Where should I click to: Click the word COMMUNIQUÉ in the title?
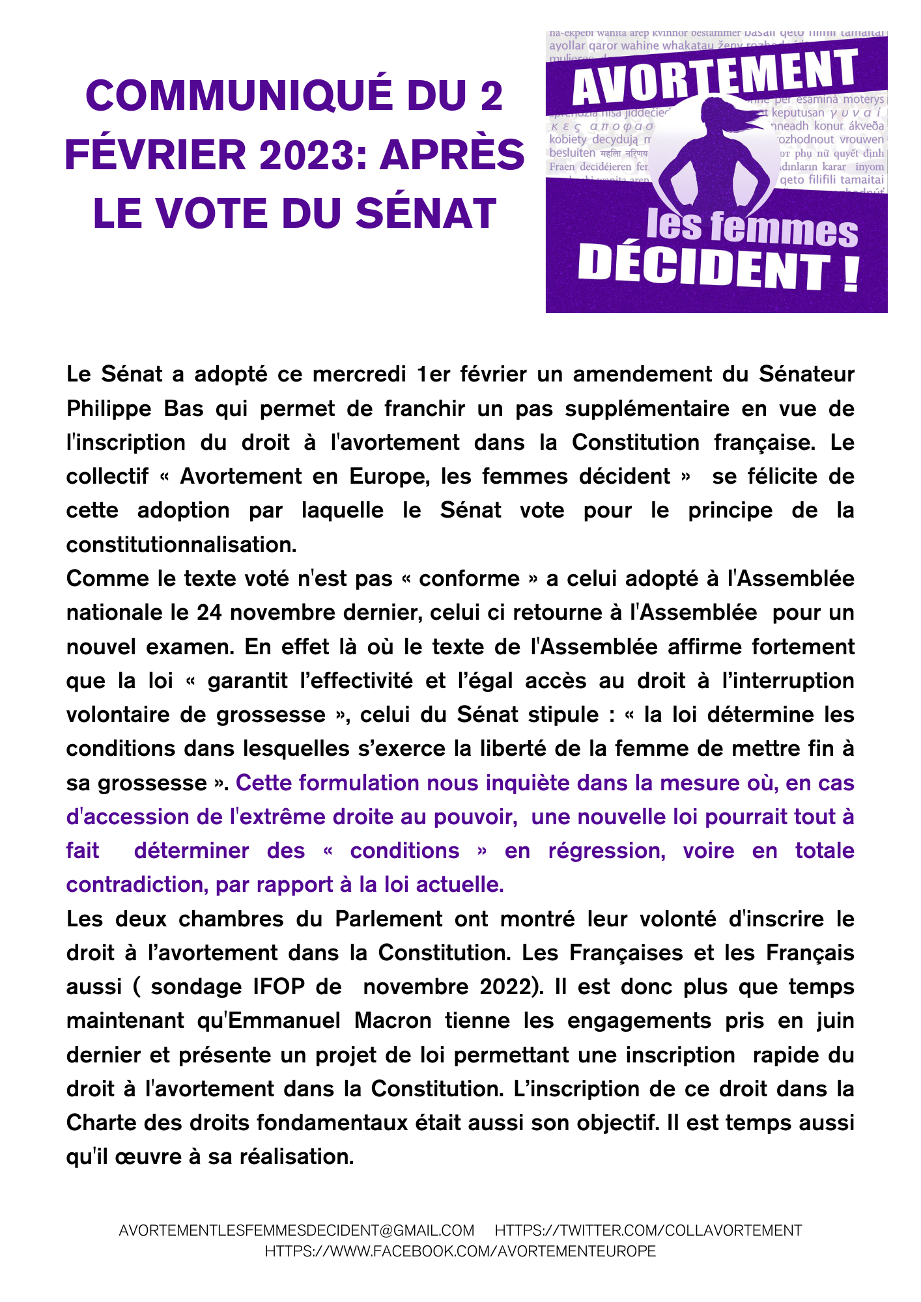coord(239,96)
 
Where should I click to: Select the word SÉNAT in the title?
coord(427,214)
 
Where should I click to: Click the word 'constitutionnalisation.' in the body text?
coord(181,544)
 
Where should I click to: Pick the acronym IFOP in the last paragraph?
coord(279,986)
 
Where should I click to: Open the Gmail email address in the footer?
coord(296,1230)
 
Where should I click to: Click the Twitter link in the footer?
coord(648,1230)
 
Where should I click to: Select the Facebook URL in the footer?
coord(460,1251)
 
